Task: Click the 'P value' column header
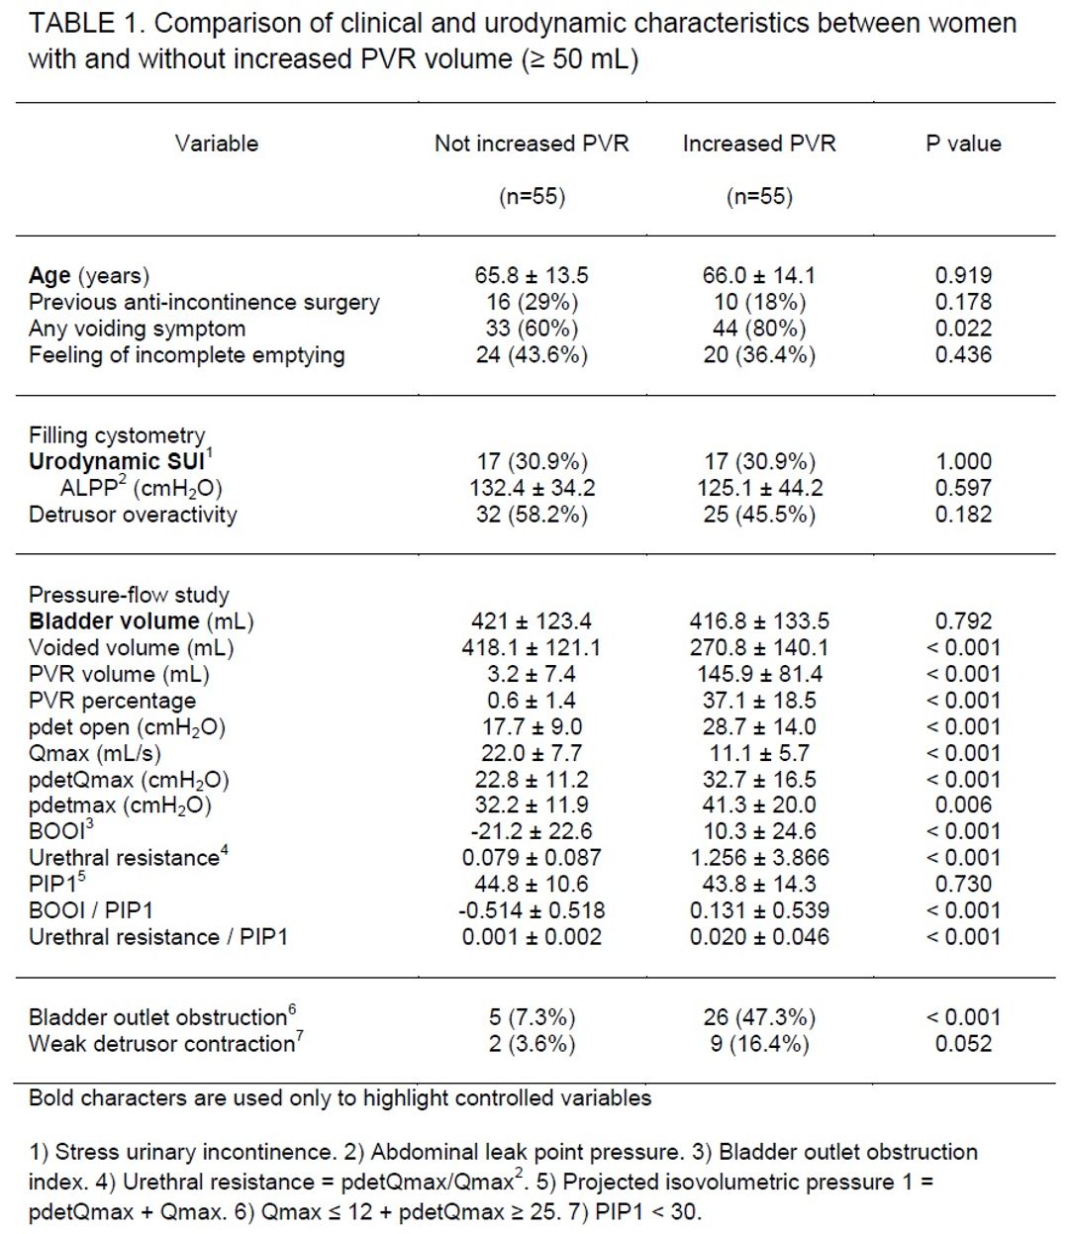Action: point(963,143)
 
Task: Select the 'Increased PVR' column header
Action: point(759,143)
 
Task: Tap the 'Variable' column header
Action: point(216,143)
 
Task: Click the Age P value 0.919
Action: point(963,275)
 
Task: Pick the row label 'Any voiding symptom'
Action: point(137,329)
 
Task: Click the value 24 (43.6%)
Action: point(532,354)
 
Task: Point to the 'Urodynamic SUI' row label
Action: point(121,460)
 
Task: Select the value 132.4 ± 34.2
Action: point(532,488)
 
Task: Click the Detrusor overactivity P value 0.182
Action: point(963,514)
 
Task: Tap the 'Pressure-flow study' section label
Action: point(129,595)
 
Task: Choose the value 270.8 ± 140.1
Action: point(759,647)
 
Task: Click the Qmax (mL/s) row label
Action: point(95,753)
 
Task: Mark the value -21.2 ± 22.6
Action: point(532,831)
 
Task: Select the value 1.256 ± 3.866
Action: point(759,857)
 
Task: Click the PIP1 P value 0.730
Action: point(963,884)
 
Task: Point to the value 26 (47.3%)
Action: point(759,1016)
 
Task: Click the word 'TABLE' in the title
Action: point(71,24)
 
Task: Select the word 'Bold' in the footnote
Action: point(50,1097)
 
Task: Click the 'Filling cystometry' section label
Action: point(117,435)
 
